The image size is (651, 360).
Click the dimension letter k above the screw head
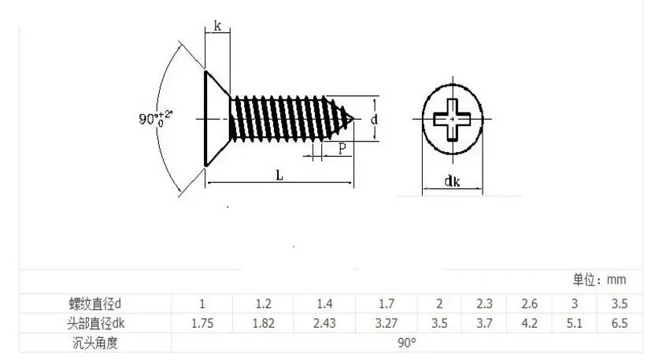[x=217, y=27]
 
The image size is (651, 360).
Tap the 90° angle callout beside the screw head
[x=155, y=119]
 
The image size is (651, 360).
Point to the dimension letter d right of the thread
[x=374, y=119]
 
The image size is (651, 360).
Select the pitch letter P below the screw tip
[x=342, y=148]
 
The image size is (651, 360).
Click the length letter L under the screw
[x=279, y=176]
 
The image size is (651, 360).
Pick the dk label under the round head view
[x=452, y=181]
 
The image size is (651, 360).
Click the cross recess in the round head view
[x=452, y=119]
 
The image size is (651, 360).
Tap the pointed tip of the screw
[x=353, y=119]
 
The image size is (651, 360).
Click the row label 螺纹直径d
[x=94, y=304]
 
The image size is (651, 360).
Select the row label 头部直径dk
[x=95, y=323]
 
